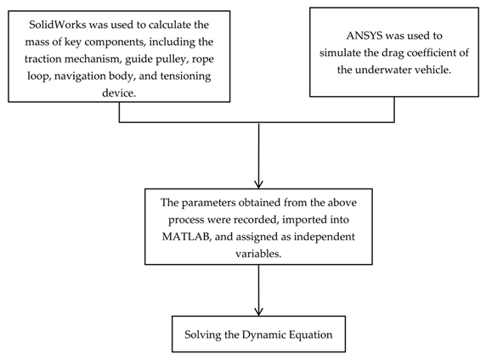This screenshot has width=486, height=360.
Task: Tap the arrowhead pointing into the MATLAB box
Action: [257, 182]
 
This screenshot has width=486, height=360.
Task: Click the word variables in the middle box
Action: [257, 249]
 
